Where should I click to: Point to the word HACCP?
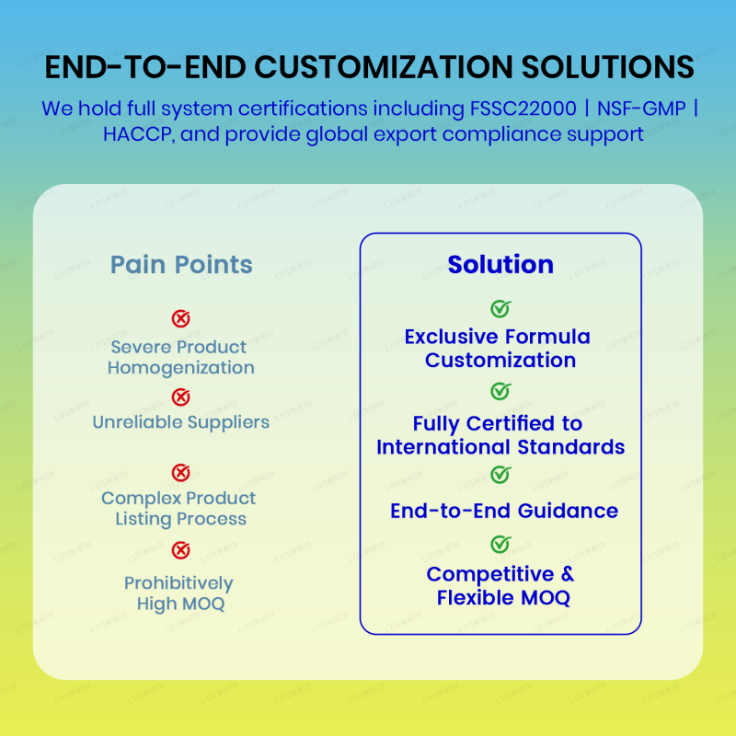131,134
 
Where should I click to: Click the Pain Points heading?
181,265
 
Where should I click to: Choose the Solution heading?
500,265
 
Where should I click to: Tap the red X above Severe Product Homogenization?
181,319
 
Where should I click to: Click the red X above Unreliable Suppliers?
181,397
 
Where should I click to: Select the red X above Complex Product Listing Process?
181,473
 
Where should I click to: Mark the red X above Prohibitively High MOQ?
181,550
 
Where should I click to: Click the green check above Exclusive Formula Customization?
500,309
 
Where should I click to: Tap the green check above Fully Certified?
500,392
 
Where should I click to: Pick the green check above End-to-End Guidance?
500,475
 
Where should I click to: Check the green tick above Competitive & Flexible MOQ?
500,545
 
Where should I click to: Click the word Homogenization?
181,368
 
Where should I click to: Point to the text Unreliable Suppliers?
181,423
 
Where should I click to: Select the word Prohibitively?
179,583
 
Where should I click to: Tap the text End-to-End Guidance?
504,511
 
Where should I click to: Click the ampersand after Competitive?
567,574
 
